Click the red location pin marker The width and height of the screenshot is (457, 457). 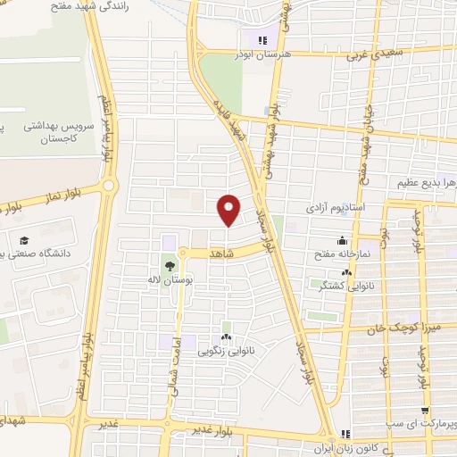[x=228, y=209]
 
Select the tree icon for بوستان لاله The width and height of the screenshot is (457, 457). [x=169, y=264]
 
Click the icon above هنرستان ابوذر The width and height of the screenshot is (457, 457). [x=262, y=39]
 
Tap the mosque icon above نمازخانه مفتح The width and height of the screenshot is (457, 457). [x=342, y=241]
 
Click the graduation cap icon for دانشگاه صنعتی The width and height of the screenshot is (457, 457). [x=26, y=240]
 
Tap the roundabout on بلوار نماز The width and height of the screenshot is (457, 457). [x=109, y=187]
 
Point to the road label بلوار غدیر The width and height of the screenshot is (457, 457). [x=213, y=430]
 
